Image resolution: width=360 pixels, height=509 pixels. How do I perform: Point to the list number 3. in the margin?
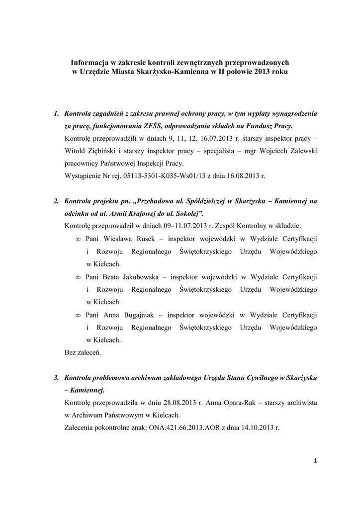coord(57,378)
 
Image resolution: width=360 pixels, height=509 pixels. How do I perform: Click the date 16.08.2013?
coord(243,176)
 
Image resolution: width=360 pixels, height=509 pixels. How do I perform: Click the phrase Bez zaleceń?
coord(83,353)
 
